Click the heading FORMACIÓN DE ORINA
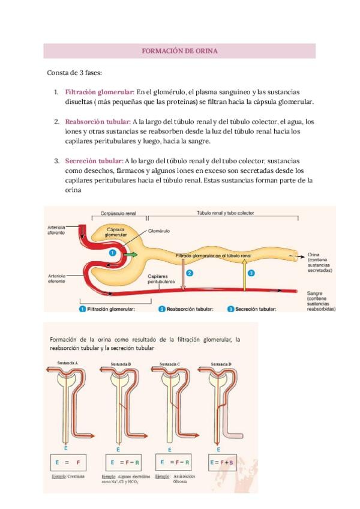click(179, 51)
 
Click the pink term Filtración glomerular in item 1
click(99, 92)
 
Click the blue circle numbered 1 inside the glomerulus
click(112, 253)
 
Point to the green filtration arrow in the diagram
click(130, 255)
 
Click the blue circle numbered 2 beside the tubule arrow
click(190, 273)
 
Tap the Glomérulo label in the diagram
click(159, 230)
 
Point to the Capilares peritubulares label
click(161, 279)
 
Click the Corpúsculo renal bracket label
click(118, 213)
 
